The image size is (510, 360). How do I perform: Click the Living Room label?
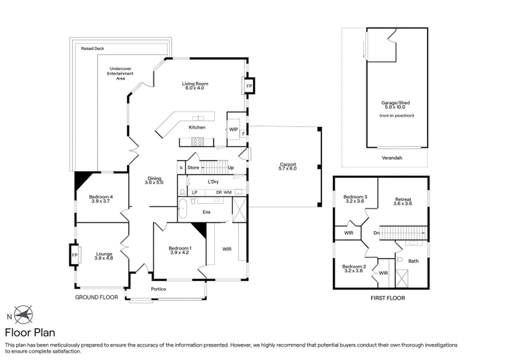(x=195, y=84)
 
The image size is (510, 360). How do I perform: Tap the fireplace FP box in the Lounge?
(x=75, y=255)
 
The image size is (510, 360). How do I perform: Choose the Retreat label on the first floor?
(x=404, y=199)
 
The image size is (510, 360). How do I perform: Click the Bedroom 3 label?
(x=355, y=197)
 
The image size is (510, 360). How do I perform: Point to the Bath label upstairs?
(x=413, y=261)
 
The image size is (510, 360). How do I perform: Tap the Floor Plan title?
(x=29, y=332)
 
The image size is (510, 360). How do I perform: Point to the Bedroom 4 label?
(x=101, y=197)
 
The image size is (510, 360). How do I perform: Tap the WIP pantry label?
(x=233, y=129)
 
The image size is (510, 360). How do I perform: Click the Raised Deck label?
(x=92, y=48)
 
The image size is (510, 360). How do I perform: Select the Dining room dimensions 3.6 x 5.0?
(x=154, y=183)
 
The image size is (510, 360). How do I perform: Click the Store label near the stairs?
(x=193, y=168)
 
